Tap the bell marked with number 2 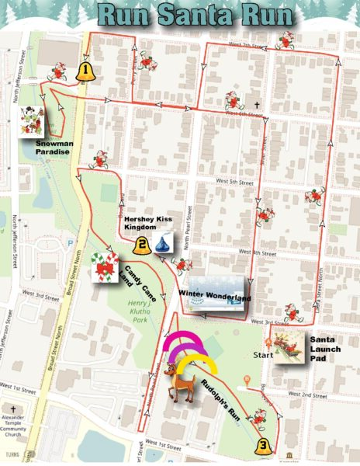[x=142, y=247]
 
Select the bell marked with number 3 [x=264, y=445]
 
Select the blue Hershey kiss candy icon [x=162, y=245]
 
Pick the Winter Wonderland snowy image [x=218, y=294]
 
